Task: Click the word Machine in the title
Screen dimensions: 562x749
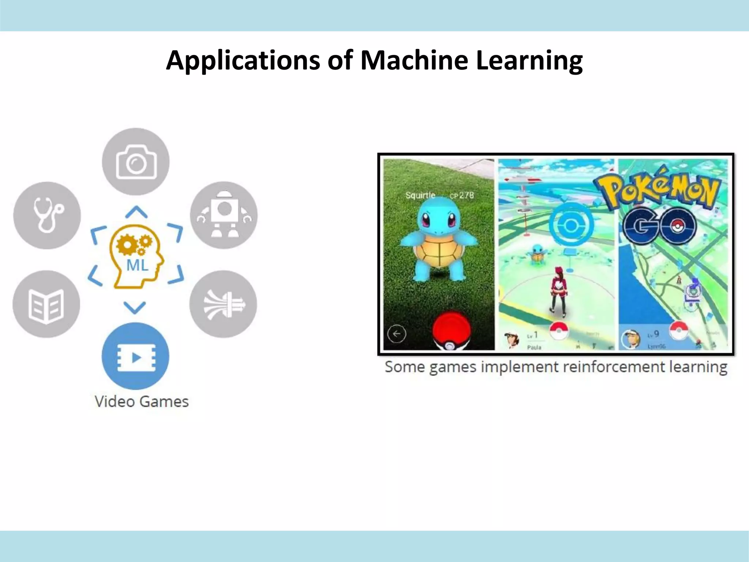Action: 414,60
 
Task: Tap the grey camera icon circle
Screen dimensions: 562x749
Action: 136,161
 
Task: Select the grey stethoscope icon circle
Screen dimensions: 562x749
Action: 47,215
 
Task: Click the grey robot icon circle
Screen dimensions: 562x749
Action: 224,215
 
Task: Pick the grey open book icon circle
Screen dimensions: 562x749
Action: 46,304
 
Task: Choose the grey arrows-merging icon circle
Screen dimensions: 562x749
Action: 223,304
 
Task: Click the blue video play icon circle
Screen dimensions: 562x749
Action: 135,356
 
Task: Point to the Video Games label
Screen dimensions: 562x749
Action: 142,402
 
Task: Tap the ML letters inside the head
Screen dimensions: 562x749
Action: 137,265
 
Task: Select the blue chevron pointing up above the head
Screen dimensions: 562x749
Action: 136,212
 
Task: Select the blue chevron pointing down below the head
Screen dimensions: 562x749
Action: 135,307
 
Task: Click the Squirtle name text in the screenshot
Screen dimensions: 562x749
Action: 420,195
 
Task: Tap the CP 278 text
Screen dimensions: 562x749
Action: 462,195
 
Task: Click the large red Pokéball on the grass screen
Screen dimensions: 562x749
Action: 452,329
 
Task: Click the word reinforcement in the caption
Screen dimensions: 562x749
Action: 614,367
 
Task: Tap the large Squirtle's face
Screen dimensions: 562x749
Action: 438,221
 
